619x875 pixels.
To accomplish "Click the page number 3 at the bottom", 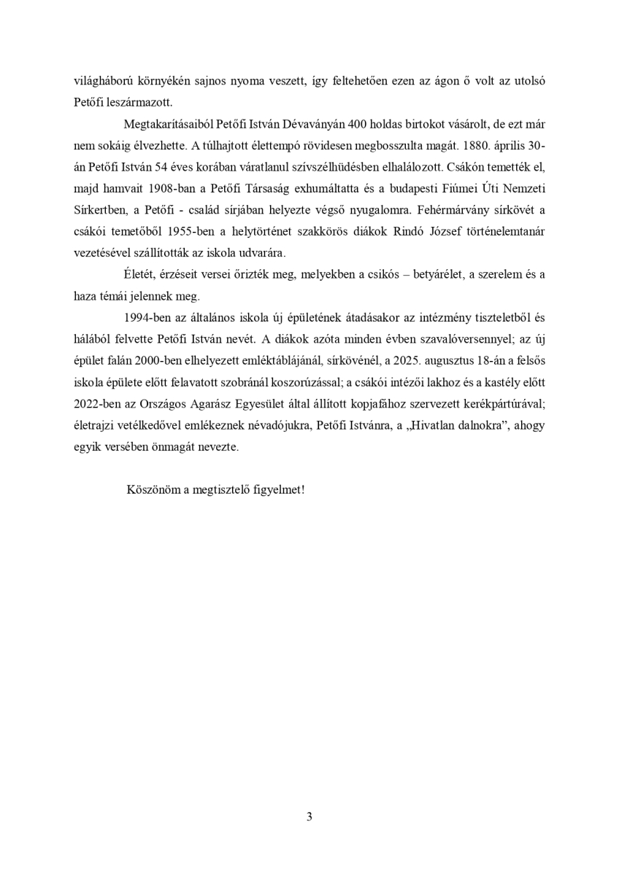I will point(309,816).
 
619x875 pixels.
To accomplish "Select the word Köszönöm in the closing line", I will point(153,489).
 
